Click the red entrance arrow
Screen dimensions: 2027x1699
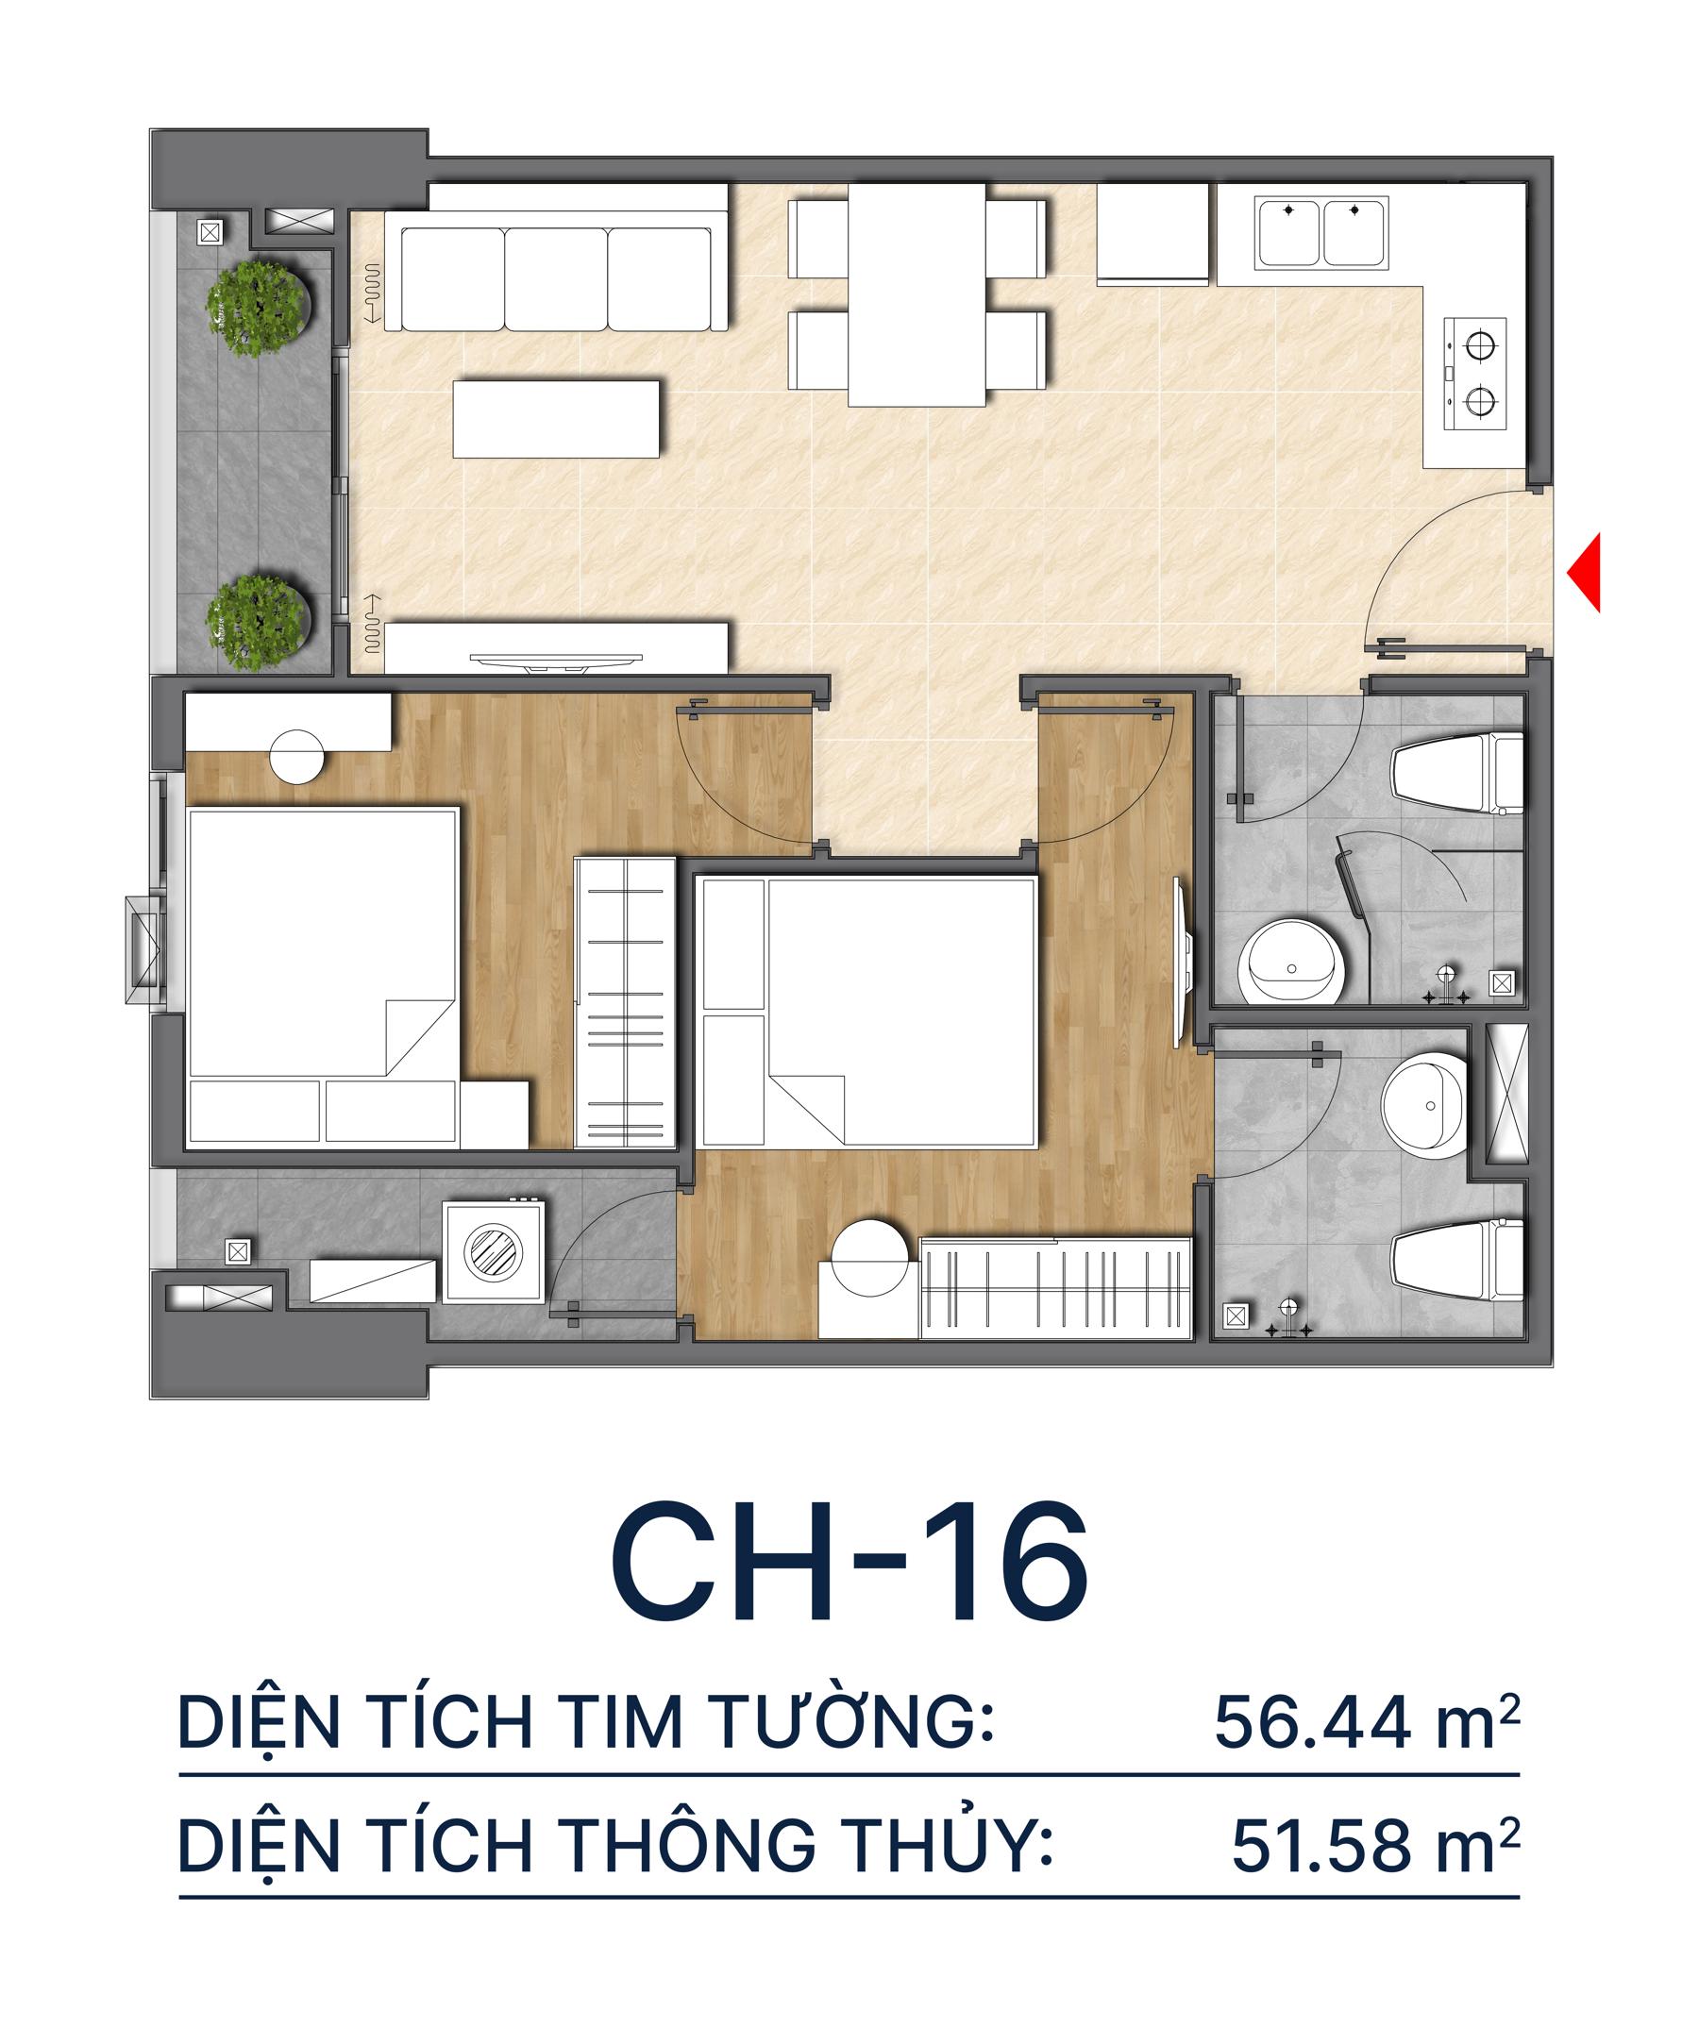pyautogui.click(x=1585, y=573)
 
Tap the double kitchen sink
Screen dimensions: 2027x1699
pyautogui.click(x=1321, y=233)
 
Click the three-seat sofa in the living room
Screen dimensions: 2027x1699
pyautogui.click(x=556, y=279)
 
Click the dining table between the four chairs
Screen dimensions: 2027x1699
pyautogui.click(x=917, y=293)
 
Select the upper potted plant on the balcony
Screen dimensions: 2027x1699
pyautogui.click(x=259, y=305)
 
